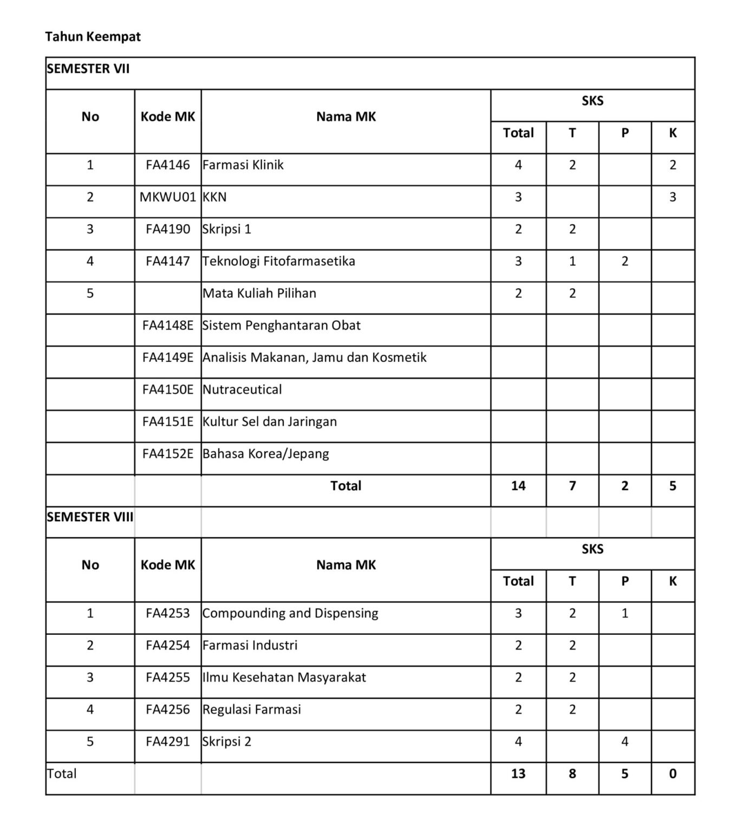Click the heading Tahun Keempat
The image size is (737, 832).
pos(93,37)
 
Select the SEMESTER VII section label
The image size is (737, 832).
pos(88,69)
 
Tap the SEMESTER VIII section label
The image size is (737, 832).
pos(90,517)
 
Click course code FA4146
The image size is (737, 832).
pos(168,165)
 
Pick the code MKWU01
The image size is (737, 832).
pos(168,197)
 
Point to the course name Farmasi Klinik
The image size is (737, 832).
pos(243,165)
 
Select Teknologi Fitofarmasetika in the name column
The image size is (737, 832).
pos(279,261)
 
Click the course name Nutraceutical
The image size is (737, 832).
pos(242,389)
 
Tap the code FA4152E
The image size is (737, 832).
pos(168,453)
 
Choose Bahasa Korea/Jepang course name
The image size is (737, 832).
pos(266,453)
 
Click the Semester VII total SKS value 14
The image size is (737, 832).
pos(518,485)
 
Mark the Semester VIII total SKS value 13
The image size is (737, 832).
pos(518,773)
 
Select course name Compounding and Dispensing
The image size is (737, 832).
pos(290,613)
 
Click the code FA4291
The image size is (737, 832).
pos(168,742)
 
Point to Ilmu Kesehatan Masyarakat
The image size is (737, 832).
pos(284,677)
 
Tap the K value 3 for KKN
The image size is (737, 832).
pos(673,197)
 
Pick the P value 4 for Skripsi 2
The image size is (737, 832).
pos(625,742)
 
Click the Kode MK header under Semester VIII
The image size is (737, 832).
pos(168,565)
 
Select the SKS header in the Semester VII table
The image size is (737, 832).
pos(592,101)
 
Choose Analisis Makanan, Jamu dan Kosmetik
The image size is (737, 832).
pos(315,357)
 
